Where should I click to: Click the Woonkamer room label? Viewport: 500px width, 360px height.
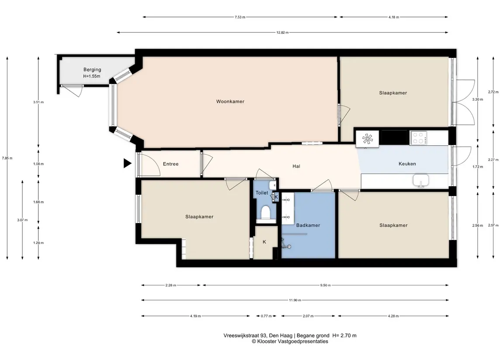click(x=230, y=101)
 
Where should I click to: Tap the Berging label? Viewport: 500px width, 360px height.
click(x=92, y=69)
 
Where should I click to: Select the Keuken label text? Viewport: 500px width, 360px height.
click(x=407, y=164)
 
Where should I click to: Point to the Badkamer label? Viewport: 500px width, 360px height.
click(x=308, y=225)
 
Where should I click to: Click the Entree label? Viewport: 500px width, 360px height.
click(x=171, y=164)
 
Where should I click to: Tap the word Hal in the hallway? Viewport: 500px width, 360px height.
click(x=296, y=166)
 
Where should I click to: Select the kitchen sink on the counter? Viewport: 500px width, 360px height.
click(x=421, y=180)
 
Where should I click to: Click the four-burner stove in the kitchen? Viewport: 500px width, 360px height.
click(x=418, y=137)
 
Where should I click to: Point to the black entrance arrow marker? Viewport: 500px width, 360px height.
click(x=127, y=164)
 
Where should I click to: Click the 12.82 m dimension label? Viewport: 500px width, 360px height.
click(x=283, y=32)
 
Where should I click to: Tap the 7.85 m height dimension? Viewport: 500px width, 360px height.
click(x=7, y=158)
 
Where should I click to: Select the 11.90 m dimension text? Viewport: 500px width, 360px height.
click(x=295, y=300)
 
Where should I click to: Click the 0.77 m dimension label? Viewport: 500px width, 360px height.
click(x=266, y=316)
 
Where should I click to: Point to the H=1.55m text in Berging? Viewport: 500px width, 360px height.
click(x=92, y=76)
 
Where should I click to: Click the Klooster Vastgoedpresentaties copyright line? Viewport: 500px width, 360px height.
click(x=290, y=341)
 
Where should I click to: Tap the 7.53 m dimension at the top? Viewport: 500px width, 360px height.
click(x=240, y=17)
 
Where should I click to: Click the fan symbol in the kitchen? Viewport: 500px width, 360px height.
click(x=367, y=139)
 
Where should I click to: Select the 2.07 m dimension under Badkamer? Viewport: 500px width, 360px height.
click(x=308, y=316)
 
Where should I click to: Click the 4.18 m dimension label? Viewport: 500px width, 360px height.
click(x=394, y=17)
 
